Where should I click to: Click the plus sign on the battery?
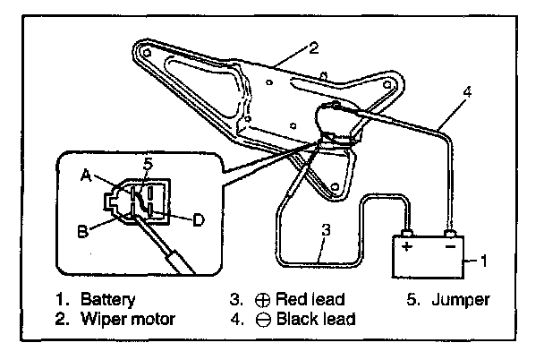(x=406, y=246)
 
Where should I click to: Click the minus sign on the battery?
(x=450, y=246)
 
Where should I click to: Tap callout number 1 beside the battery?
(x=484, y=261)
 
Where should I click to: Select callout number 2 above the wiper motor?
(x=313, y=47)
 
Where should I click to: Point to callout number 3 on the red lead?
(x=326, y=230)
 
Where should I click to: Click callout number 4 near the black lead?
(x=468, y=92)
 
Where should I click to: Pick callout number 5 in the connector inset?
(x=148, y=164)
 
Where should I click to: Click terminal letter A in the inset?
(x=86, y=175)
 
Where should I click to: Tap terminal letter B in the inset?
(x=82, y=231)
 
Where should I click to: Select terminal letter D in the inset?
(x=198, y=219)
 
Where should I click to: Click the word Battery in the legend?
(x=107, y=300)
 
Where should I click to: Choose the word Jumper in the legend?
(x=461, y=300)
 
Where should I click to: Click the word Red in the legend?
(x=293, y=299)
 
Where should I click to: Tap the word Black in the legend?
(x=298, y=319)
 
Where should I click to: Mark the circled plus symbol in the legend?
(x=263, y=300)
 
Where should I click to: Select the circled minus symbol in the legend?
(x=263, y=320)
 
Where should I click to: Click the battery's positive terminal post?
(x=406, y=233)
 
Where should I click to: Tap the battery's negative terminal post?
(x=451, y=233)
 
